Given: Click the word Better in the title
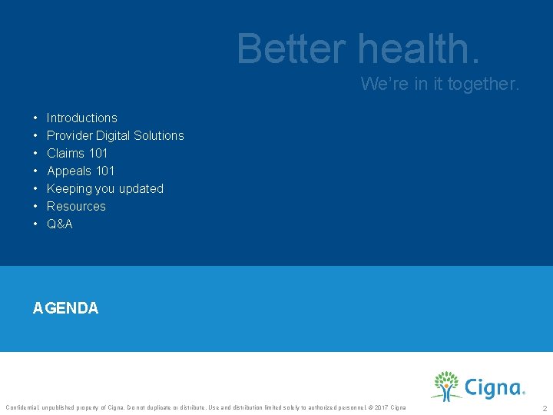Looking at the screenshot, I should pos(292,48).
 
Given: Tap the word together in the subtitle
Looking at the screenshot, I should pos(484,84).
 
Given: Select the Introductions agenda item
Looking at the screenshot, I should pos(81,118).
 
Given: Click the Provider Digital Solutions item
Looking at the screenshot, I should pos(115,135).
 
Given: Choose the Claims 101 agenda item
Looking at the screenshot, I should pos(77,153).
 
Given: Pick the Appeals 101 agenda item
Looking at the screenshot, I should pos(80,171).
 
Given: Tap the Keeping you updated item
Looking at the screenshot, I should pos(104,188).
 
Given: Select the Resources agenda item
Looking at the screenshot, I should pos(76,206).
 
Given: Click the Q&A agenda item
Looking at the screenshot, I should pos(59,224).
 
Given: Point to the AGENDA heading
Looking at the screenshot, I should pos(65,308).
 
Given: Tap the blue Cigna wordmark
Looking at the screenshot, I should pos(493,387).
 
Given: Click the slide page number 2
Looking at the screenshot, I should pos(545,408).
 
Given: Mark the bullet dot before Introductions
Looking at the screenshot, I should pos(36,118).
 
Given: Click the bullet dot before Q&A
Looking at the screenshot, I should pos(36,224).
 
